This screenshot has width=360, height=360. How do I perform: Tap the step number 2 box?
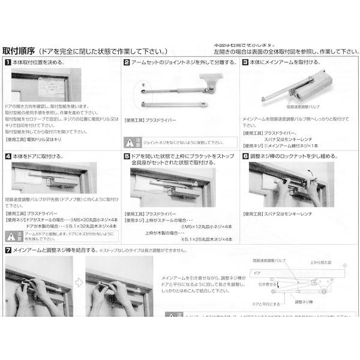127,62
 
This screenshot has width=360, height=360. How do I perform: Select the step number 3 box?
245,62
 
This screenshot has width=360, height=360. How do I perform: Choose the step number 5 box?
127,155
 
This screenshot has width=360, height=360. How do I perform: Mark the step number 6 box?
245,155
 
